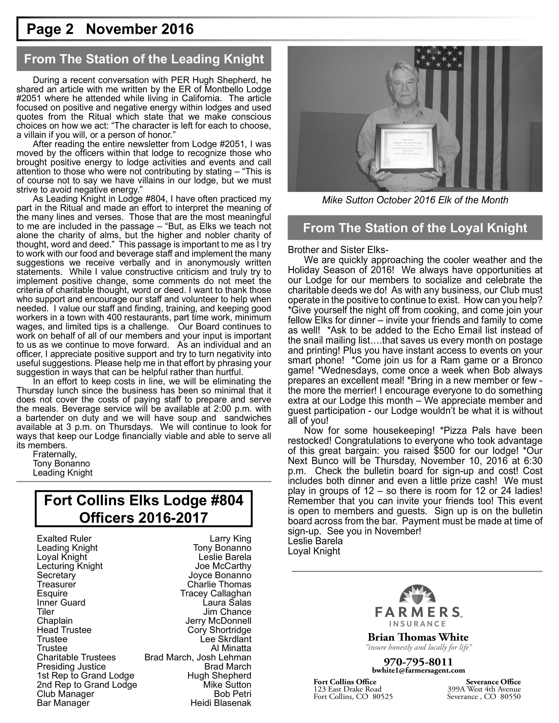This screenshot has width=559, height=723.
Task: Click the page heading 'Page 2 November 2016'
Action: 110,29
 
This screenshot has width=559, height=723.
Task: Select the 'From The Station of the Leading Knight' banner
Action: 144,59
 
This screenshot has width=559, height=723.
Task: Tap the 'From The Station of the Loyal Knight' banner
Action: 415,228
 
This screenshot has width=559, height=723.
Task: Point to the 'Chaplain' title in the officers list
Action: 55,620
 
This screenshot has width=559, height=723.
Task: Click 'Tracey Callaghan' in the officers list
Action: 215,593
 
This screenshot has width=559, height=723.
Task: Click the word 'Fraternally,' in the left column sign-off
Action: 55,454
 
